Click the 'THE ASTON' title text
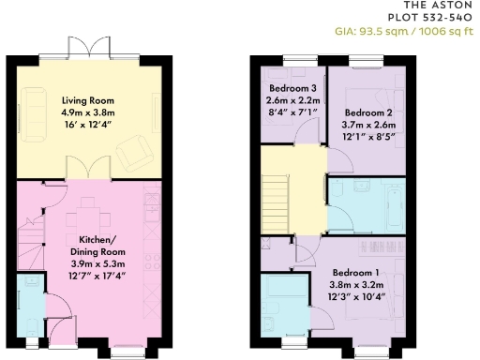click(444, 7)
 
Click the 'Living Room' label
click(87, 100)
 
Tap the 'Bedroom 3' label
click(292, 87)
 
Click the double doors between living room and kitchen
click(89, 169)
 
